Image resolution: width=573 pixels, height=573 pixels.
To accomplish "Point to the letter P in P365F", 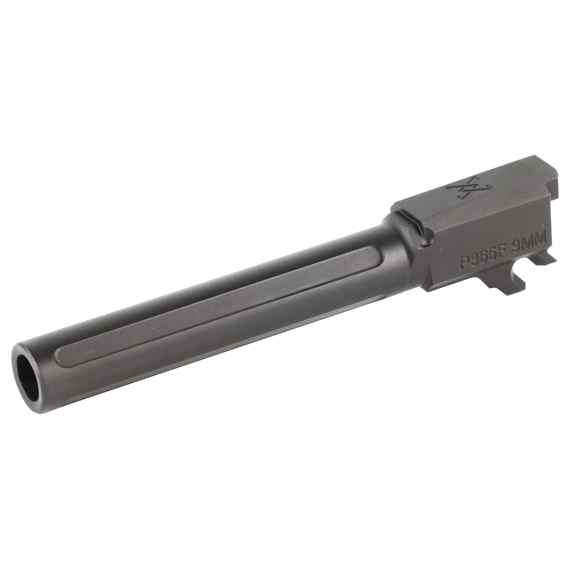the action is coord(464,263).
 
